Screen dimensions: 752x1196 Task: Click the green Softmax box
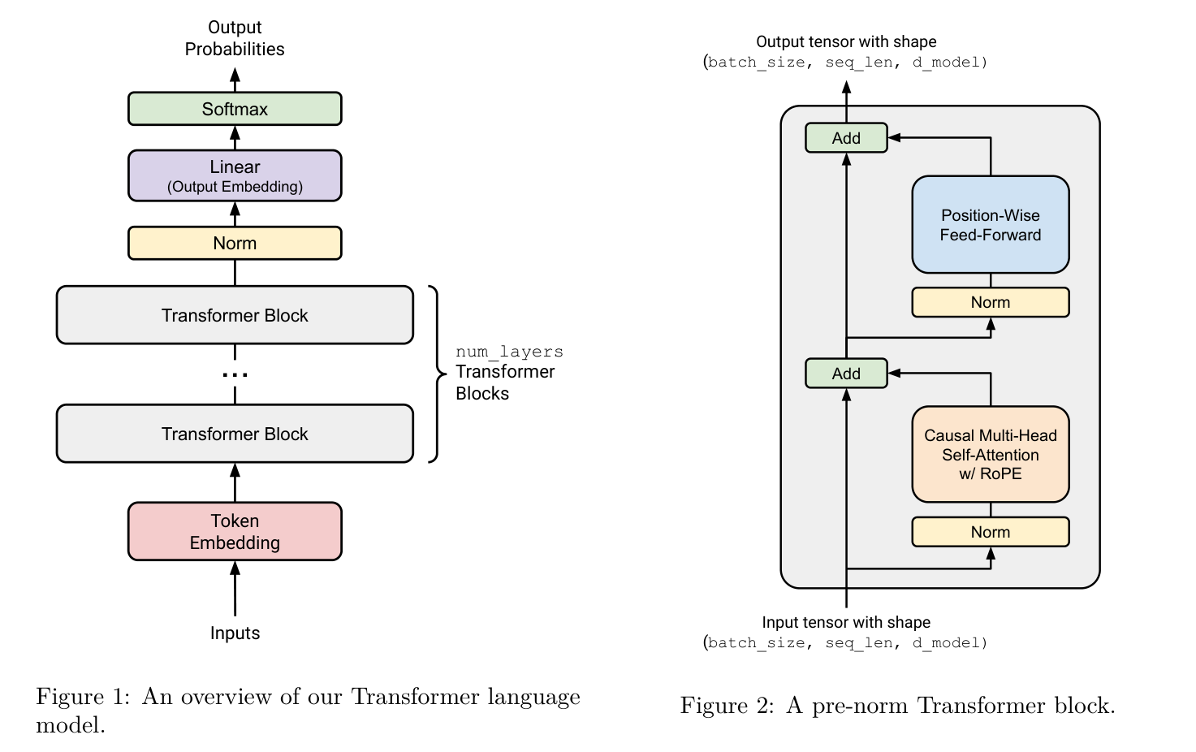[235, 109]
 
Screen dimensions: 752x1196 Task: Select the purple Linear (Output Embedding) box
[235, 175]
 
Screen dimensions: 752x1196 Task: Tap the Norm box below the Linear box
[235, 243]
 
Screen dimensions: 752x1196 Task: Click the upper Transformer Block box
[235, 315]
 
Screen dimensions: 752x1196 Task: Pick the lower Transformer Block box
[235, 434]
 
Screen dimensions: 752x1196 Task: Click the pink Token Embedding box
[235, 531]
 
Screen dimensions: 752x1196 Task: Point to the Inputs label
[235, 633]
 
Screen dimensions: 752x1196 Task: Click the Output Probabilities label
[235, 38]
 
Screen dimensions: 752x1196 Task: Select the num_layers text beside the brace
[509, 352]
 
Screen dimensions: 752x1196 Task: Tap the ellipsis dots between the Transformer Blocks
[235, 374]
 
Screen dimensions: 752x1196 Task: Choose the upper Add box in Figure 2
[846, 138]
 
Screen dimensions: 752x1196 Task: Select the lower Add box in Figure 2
[846, 374]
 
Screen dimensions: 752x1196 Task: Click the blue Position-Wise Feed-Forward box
[990, 225]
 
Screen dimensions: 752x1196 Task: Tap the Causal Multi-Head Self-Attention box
[990, 454]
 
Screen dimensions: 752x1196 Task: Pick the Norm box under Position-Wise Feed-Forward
[990, 302]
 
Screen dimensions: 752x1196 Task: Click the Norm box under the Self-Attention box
[990, 532]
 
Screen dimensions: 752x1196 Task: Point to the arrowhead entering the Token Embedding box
[235, 568]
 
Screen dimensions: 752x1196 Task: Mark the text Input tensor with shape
[846, 622]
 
